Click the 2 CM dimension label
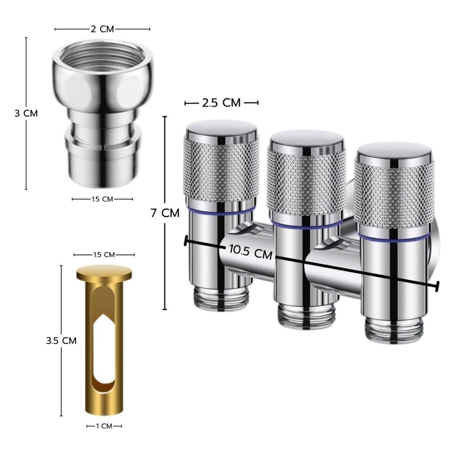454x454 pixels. [x=102, y=29]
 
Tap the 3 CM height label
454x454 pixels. [x=26, y=113]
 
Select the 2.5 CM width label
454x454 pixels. [x=221, y=103]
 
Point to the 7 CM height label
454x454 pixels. [x=165, y=213]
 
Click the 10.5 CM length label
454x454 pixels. [x=250, y=252]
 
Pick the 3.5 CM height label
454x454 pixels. [x=61, y=340]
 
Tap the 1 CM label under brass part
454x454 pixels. [x=104, y=426]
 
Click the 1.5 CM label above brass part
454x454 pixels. [x=104, y=255]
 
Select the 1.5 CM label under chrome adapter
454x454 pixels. [x=102, y=199]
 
